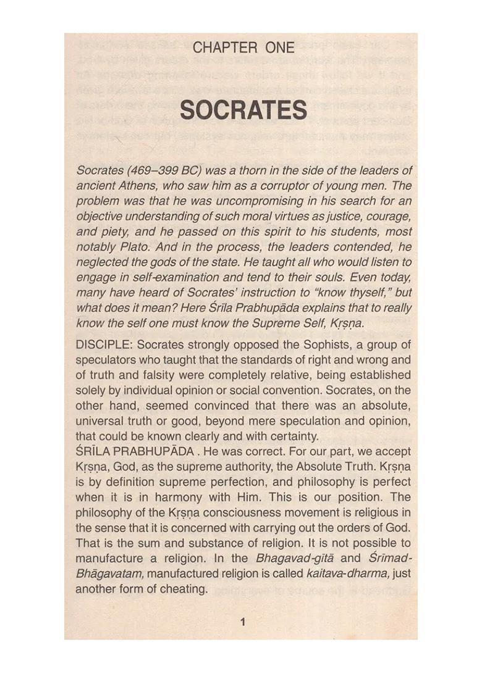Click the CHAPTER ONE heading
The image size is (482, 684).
243,48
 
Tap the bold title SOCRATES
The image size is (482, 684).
243,111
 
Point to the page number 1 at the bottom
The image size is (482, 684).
243,622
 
